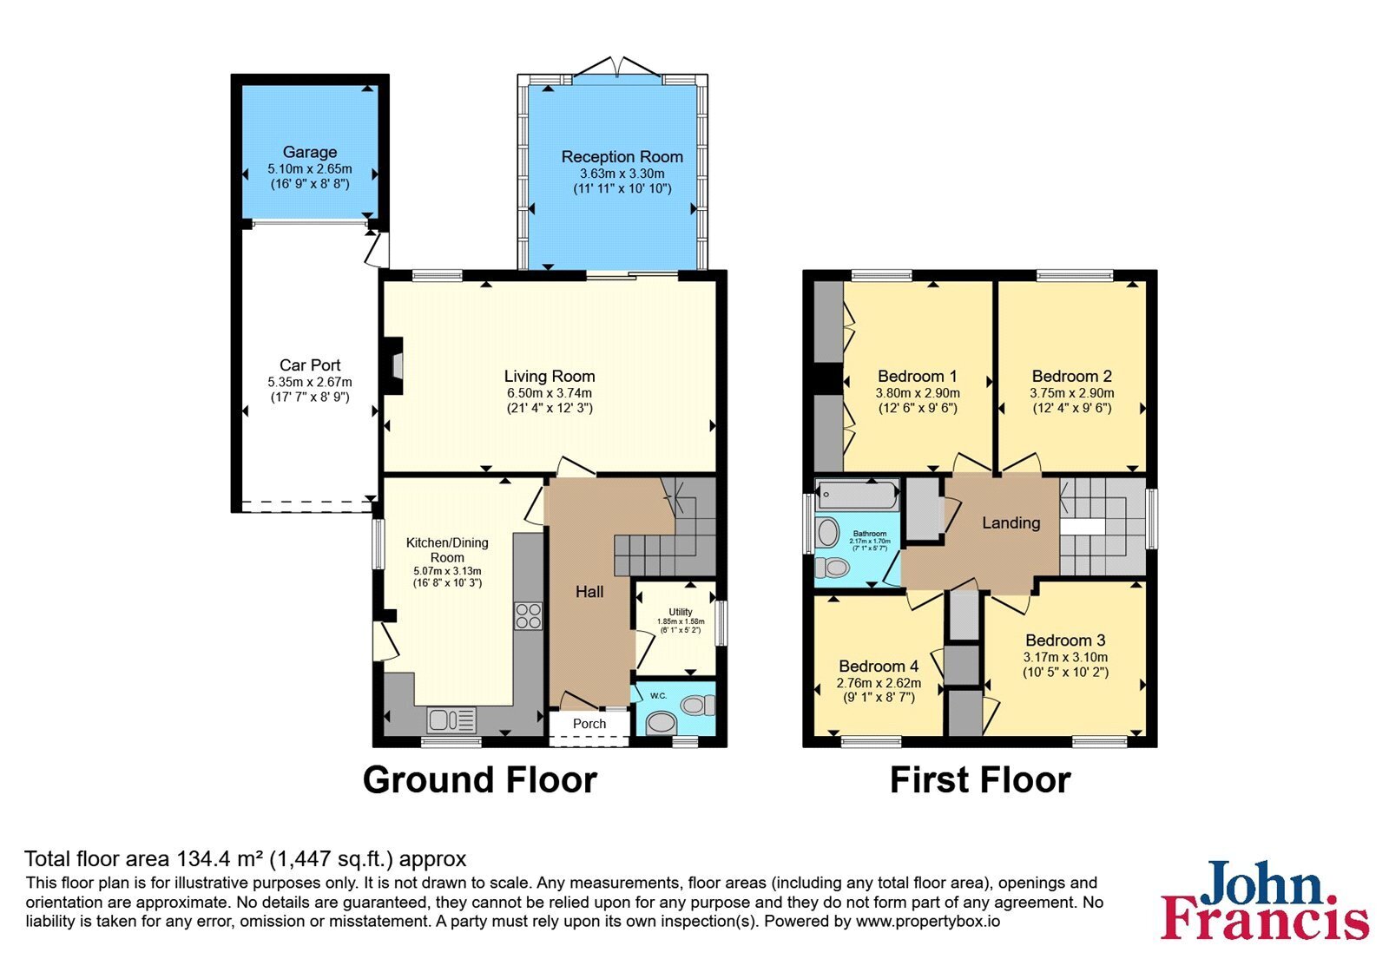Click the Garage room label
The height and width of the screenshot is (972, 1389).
[x=309, y=152]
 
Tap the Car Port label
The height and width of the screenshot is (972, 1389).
[x=309, y=365]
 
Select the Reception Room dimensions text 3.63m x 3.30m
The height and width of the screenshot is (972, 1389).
[x=622, y=174]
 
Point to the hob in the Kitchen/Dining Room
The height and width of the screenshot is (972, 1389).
[x=529, y=616]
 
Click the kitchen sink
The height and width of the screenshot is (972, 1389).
[x=451, y=720]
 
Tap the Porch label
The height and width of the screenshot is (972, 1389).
[x=589, y=724]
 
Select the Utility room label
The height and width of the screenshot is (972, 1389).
[x=681, y=612]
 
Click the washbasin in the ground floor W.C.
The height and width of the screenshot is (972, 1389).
[x=661, y=722]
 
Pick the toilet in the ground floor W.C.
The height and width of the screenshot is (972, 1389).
[x=698, y=706]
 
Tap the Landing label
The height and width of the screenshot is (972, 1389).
[x=1010, y=523]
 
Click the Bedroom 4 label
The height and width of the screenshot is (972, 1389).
[x=878, y=667]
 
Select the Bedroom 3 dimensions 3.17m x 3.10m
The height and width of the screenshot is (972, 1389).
[x=1065, y=657]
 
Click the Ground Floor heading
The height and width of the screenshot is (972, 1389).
[x=479, y=780]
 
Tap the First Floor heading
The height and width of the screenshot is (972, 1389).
[x=980, y=780]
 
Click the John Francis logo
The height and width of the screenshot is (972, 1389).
[x=1265, y=899]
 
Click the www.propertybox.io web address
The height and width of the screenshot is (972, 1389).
[x=928, y=921]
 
